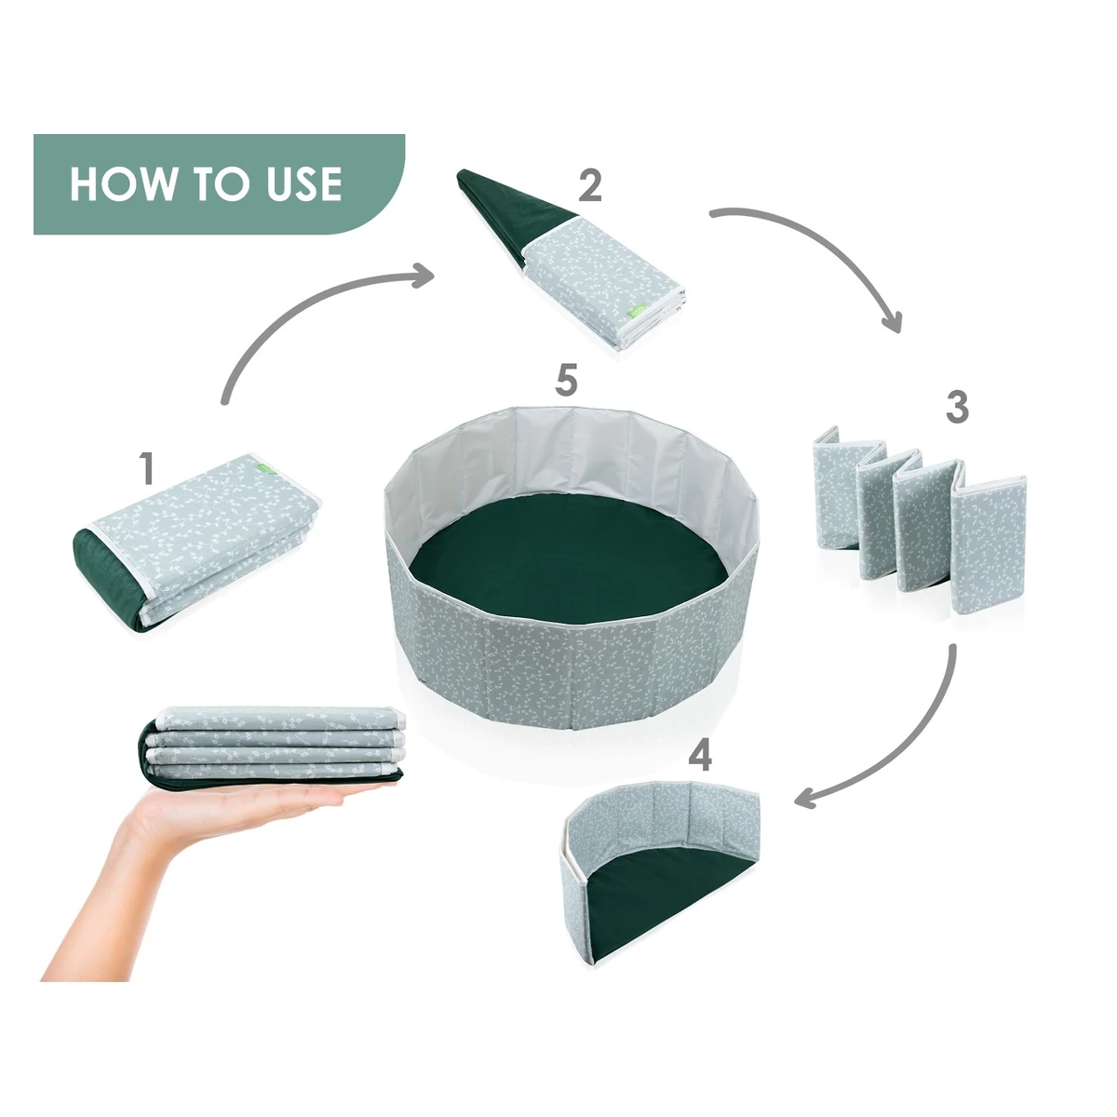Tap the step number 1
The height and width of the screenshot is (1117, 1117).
148,468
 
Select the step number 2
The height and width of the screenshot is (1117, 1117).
590,185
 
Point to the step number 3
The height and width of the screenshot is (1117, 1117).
957,408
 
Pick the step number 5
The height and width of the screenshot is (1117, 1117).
566,381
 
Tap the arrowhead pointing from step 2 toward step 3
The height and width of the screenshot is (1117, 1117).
892,320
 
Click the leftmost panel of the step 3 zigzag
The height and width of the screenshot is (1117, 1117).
836,487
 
